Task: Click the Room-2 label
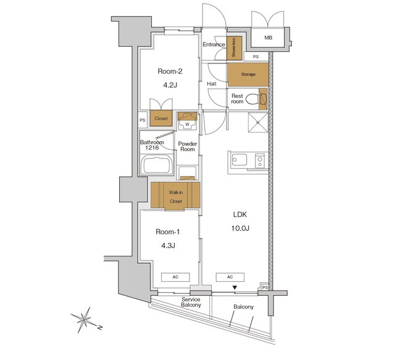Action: pyautogui.click(x=170, y=72)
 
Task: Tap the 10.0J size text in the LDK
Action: pyautogui.click(x=240, y=229)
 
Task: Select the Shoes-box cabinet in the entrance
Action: pyautogui.click(x=235, y=48)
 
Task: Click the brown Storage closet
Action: pyautogui.click(x=248, y=75)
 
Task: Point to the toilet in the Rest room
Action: pyautogui.click(x=252, y=99)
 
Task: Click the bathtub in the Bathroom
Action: pyautogui.click(x=157, y=165)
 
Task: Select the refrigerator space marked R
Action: pyautogui.click(x=258, y=122)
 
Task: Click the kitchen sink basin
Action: pyautogui.click(x=239, y=160)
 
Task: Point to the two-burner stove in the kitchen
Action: pyautogui.click(x=260, y=161)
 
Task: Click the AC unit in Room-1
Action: pyautogui.click(x=175, y=277)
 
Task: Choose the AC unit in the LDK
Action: pyautogui.click(x=230, y=277)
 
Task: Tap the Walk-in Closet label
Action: pyautogui.click(x=176, y=197)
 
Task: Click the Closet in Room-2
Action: pyautogui.click(x=161, y=118)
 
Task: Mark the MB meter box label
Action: pyautogui.click(x=268, y=38)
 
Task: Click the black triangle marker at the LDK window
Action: pyautogui.click(x=235, y=287)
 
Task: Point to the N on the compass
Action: pyautogui.click(x=100, y=327)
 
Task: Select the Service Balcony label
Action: pyautogui.click(x=191, y=302)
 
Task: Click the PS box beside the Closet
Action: pyautogui.click(x=143, y=120)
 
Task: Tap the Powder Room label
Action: pyautogui.click(x=188, y=147)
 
